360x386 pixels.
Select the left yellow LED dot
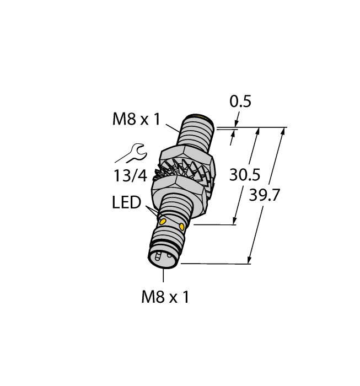click(x=164, y=221)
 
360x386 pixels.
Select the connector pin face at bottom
click(x=160, y=256)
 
